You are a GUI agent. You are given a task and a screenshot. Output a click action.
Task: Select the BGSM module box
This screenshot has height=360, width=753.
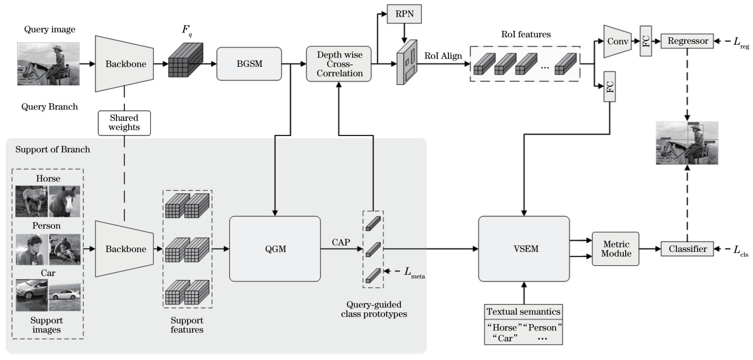(249, 64)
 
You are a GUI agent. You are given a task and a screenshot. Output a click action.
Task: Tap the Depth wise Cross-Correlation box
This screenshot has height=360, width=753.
(338, 64)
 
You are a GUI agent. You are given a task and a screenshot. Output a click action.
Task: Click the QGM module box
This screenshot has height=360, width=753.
(275, 249)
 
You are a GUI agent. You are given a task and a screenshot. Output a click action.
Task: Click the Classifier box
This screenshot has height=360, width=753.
(687, 249)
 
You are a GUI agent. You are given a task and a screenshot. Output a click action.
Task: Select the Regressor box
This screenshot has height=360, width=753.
(687, 41)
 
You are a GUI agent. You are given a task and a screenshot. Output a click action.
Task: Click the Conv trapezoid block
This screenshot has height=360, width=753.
(617, 41)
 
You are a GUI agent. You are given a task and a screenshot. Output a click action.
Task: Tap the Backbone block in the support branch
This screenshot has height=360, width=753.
(125, 249)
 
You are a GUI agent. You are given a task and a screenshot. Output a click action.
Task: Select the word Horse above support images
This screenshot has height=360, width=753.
(48, 179)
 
